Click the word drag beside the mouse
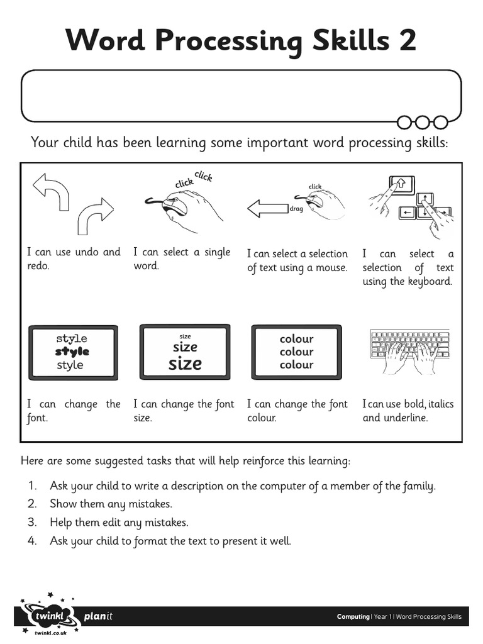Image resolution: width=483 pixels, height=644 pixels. click(x=296, y=209)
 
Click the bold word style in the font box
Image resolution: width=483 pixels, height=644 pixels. click(x=72, y=352)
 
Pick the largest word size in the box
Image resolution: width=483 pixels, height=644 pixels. click(x=185, y=364)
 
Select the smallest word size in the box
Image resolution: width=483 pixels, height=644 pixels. click(x=185, y=336)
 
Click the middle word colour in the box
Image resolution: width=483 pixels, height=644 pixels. click(x=296, y=352)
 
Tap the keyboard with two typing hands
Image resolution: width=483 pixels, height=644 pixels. click(x=409, y=352)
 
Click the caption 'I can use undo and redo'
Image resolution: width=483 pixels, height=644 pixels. click(x=73, y=258)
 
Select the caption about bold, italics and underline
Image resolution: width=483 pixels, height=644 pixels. click(x=408, y=411)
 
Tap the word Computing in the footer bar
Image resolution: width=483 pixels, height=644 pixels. click(x=353, y=617)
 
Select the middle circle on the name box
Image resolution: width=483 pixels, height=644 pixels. click(x=423, y=121)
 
